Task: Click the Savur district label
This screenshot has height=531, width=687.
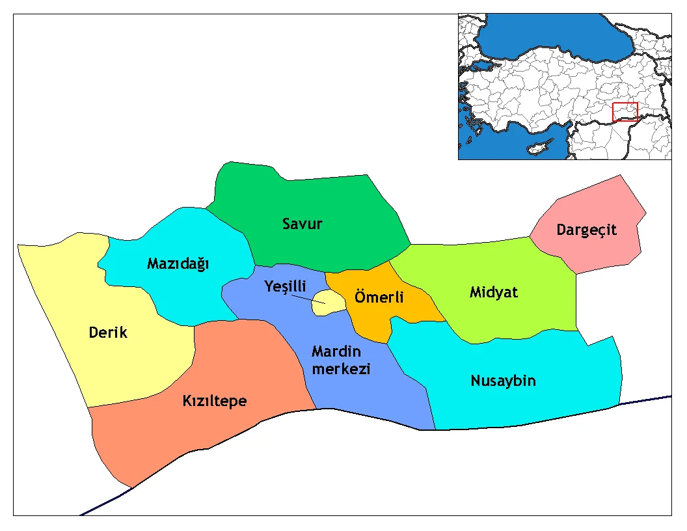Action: coord(302,225)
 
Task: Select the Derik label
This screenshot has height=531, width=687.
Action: coord(108,333)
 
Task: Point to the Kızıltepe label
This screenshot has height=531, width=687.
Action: coord(214,401)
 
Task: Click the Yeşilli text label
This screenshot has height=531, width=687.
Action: coord(285,287)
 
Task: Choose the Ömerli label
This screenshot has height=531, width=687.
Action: coord(379,297)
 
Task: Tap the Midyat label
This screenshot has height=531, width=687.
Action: coord(493,292)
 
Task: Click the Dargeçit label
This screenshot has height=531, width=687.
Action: coord(586,230)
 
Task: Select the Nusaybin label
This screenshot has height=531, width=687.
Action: coord(503,381)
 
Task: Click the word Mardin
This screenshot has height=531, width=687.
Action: coord(336,352)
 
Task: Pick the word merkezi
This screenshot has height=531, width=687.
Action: coord(341,369)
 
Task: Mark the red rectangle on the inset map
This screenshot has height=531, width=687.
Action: coord(625,111)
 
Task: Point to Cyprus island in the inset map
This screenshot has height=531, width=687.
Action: coord(540,148)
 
